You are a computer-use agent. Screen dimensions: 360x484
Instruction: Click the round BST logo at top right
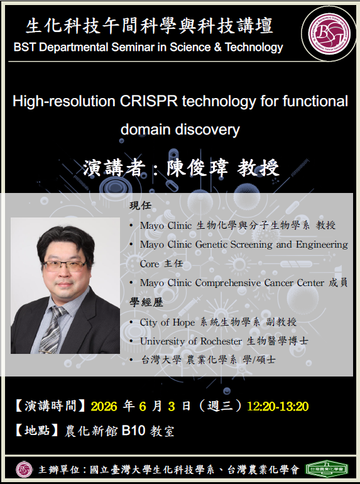click(x=329, y=34)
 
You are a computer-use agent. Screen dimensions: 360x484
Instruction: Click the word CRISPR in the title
click(x=149, y=101)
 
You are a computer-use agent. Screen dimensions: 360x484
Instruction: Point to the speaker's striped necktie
click(x=53, y=329)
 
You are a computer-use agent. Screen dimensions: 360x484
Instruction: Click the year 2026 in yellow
click(x=104, y=406)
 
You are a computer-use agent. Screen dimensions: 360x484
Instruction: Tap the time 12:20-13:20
click(x=278, y=406)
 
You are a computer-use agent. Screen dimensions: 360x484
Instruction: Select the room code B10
click(x=133, y=430)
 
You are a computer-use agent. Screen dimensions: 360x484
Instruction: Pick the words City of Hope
click(x=167, y=322)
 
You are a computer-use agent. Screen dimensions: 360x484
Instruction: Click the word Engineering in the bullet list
click(x=322, y=245)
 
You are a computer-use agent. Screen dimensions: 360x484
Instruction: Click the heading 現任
click(x=140, y=205)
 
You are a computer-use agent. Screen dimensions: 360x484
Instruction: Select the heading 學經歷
click(x=146, y=302)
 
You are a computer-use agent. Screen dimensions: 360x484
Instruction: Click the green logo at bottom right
click(x=327, y=469)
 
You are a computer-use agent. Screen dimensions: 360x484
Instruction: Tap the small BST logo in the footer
click(x=24, y=470)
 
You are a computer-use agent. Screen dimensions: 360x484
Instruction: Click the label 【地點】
click(x=37, y=431)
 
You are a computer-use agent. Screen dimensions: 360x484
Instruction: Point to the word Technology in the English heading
click(x=254, y=48)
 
